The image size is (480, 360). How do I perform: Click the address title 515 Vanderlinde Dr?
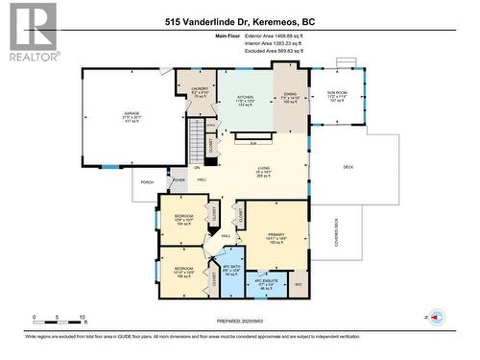pyautogui.click(x=239, y=20)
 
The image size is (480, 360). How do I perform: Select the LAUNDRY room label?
pyautogui.click(x=187, y=90)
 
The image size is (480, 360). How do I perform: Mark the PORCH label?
pyautogui.click(x=147, y=182)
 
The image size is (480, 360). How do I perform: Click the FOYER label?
pyautogui.click(x=179, y=180)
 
